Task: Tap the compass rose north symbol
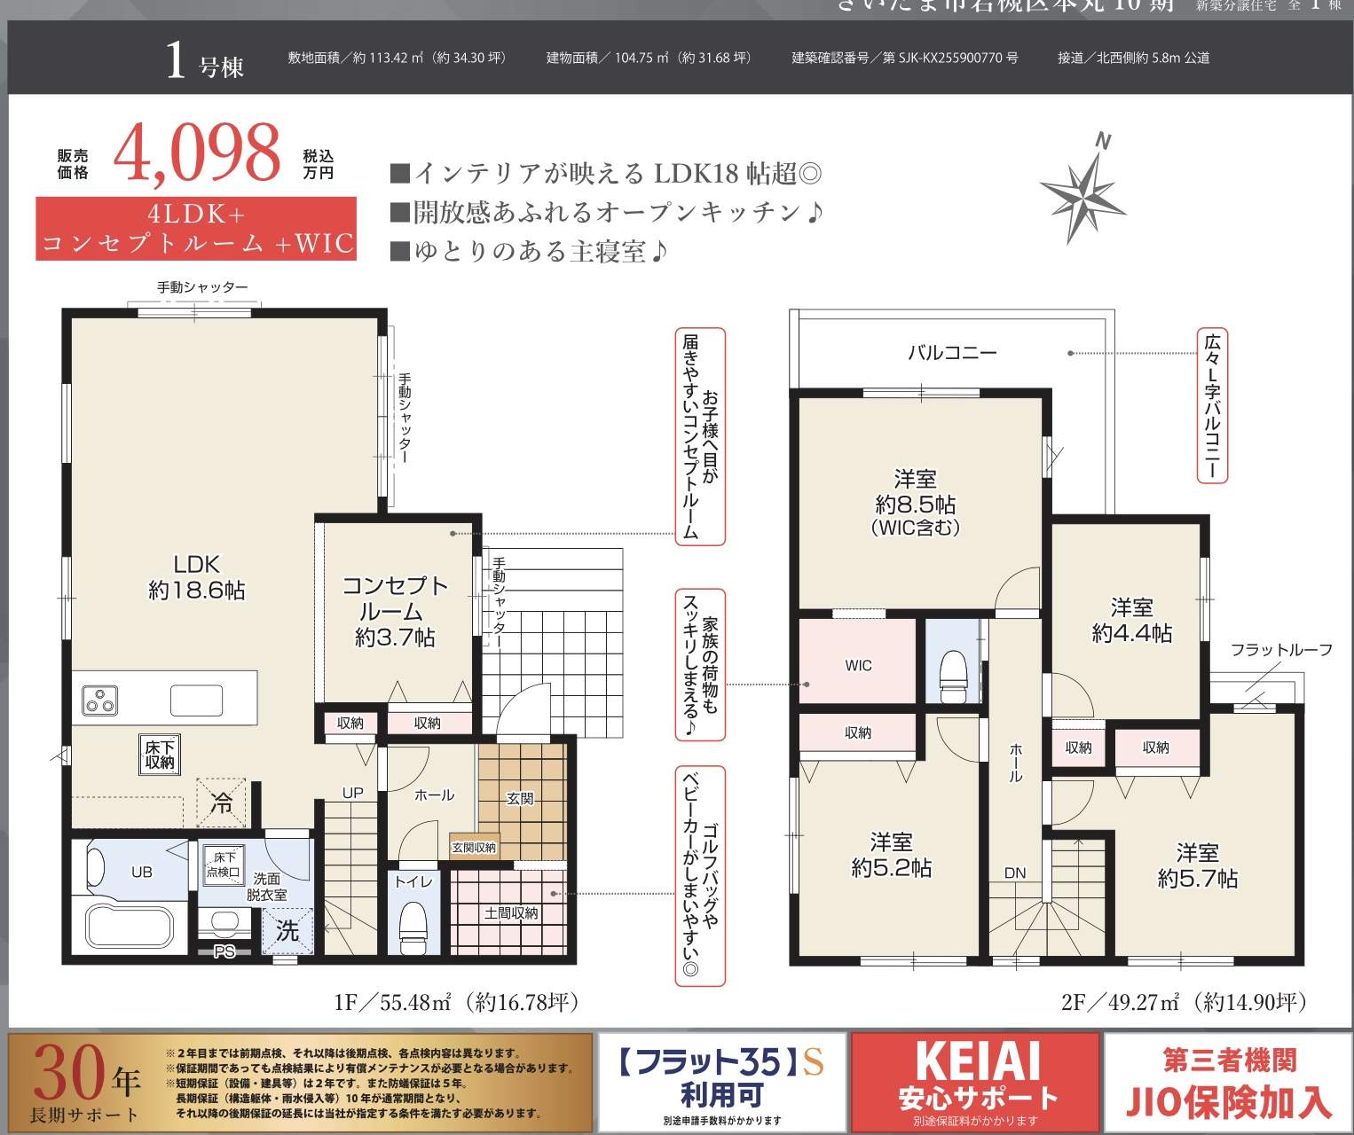point(1082,189)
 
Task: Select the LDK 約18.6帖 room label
point(196,577)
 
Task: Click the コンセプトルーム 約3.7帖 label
point(395,611)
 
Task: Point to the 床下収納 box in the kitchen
point(161,754)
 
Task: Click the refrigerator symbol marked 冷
point(221,802)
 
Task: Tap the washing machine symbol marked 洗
point(287,931)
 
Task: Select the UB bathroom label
point(142,872)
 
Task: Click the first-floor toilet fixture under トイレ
point(413,928)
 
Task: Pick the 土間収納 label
point(511,912)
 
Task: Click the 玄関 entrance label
point(521,798)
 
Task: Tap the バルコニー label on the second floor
point(952,353)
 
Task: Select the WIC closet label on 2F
point(858,665)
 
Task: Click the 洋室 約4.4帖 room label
point(1131,620)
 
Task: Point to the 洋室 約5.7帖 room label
point(1197,865)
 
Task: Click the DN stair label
point(1015,873)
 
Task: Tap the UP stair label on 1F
point(353,793)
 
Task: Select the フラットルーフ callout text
point(1281,650)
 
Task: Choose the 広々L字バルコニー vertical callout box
point(1212,406)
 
